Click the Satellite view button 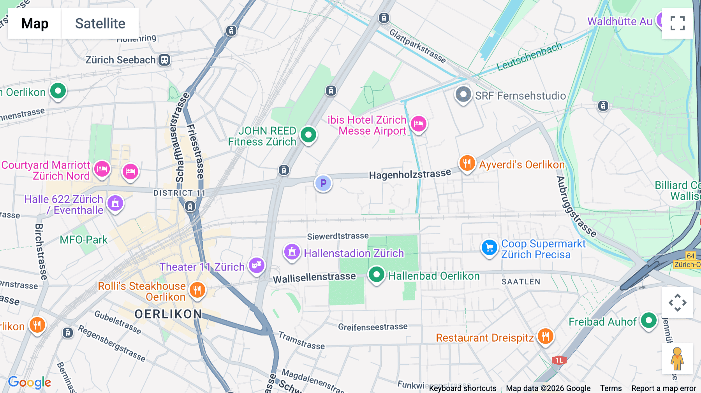(100, 23)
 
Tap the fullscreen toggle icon (677, 23)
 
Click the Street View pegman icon (677, 359)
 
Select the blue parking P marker (323, 183)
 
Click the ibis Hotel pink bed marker (419, 124)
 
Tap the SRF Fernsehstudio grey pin (463, 95)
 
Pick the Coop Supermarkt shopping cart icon (489, 247)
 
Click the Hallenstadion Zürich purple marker (292, 252)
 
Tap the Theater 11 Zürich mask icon (256, 265)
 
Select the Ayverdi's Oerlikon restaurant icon (467, 163)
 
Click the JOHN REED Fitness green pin (308, 135)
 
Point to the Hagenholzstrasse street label (410, 174)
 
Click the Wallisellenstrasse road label (314, 277)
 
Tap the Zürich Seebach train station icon (164, 60)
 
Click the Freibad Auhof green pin (648, 321)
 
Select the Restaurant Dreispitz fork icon (545, 337)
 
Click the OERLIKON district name (168, 314)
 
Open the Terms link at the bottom (611, 388)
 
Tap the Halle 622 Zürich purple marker (115, 203)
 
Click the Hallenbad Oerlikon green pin (376, 275)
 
